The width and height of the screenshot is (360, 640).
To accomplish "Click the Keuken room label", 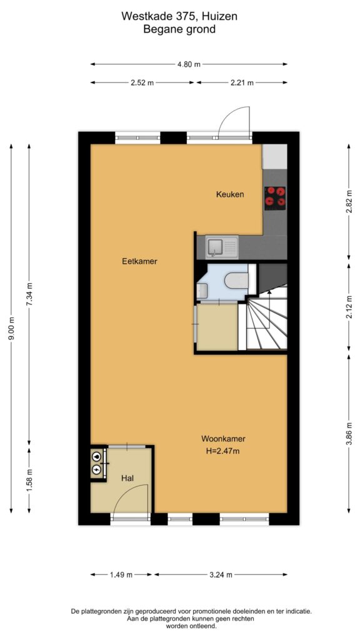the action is click(x=230, y=195).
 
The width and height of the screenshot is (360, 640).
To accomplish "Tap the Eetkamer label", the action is click(x=139, y=261).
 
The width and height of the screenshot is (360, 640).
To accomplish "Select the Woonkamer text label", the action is click(x=223, y=439).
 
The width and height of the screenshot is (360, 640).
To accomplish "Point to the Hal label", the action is click(x=127, y=478).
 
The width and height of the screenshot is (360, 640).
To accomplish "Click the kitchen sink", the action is click(x=221, y=247).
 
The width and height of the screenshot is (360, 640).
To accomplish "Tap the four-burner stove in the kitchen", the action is click(x=276, y=198).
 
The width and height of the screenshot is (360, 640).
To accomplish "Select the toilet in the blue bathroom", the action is click(x=237, y=281).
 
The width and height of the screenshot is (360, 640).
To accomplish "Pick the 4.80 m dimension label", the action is click(x=189, y=64).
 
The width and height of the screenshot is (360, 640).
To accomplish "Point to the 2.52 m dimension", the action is click(x=142, y=82).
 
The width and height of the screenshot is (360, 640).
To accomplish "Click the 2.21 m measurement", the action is click(x=242, y=82).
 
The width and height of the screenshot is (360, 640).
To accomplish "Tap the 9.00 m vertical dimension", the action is click(x=11, y=329).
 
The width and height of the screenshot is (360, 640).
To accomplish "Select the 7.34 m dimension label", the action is click(x=29, y=294).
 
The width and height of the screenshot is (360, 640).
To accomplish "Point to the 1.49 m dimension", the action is click(x=121, y=575).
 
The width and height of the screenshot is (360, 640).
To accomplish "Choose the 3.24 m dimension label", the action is click(x=221, y=575).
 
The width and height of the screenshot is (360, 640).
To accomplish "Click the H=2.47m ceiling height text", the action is click(x=223, y=451).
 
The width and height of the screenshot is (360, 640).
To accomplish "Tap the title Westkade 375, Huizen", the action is click(x=179, y=17).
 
